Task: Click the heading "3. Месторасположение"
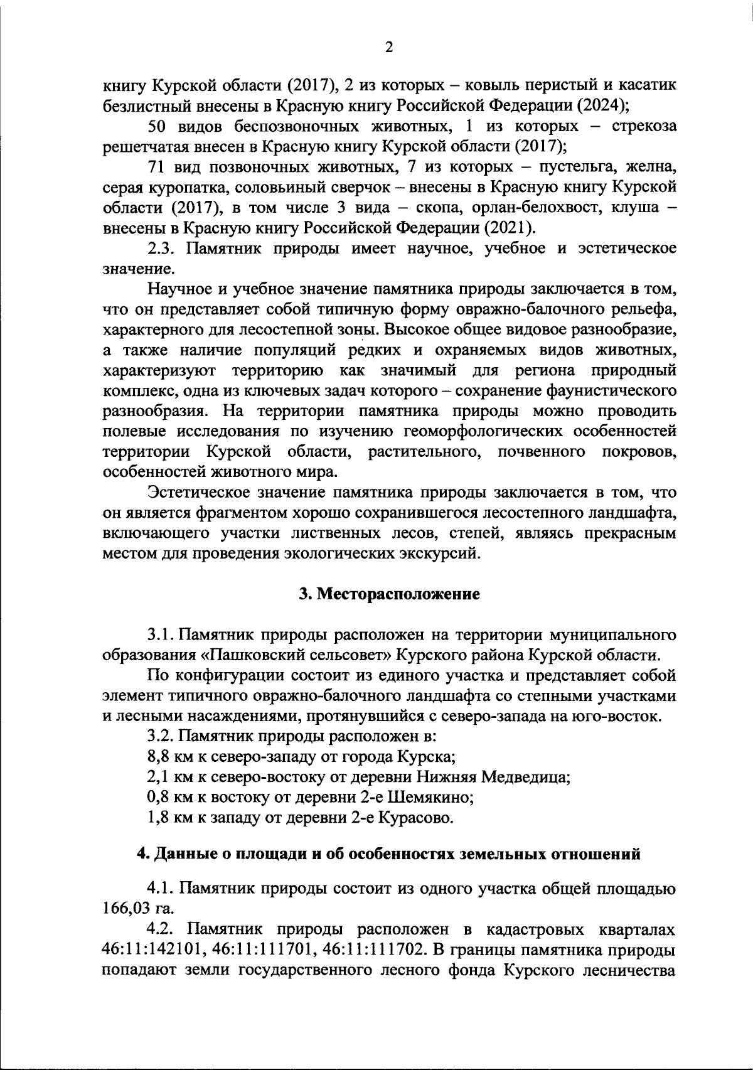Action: coord(389,594)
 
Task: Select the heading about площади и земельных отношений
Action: coord(389,854)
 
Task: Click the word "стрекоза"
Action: coord(644,126)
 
